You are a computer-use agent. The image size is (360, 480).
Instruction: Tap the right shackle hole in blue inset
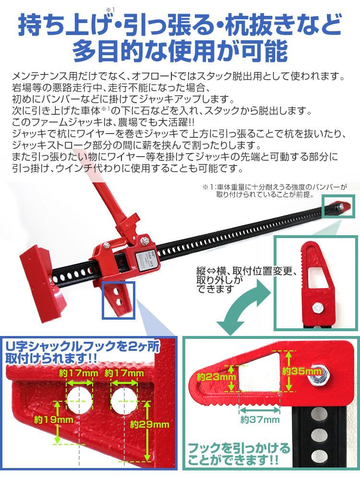tap(124, 400)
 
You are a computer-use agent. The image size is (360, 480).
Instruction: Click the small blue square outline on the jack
tap(119, 300)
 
